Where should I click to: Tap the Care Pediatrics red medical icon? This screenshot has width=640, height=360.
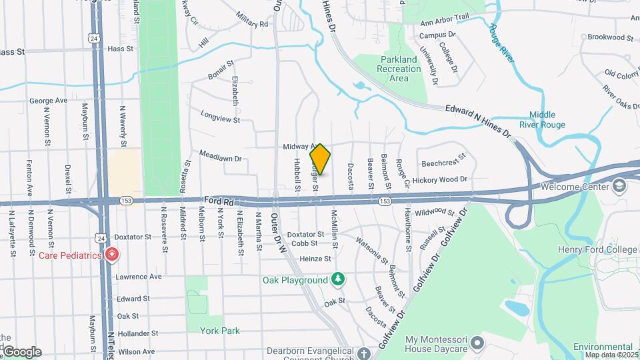click(x=112, y=255)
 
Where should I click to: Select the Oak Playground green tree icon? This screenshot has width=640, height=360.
click(x=339, y=279)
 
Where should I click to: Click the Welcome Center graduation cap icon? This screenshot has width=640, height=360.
click(x=620, y=185)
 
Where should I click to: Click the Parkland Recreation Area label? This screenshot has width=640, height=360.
click(x=398, y=69)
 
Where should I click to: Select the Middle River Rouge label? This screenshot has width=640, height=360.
click(x=547, y=119)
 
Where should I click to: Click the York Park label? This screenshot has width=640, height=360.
click(x=220, y=331)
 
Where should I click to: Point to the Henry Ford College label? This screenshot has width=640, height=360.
click(x=598, y=249)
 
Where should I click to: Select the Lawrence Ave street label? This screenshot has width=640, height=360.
click(x=139, y=276)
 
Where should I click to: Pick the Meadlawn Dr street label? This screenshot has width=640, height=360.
click(x=219, y=159)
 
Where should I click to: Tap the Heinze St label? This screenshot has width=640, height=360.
click(x=315, y=259)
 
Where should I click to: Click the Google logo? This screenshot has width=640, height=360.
click(x=21, y=351)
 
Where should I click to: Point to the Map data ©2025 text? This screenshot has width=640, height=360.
click(x=611, y=355)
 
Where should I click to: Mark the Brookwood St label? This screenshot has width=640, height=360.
click(x=609, y=37)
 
